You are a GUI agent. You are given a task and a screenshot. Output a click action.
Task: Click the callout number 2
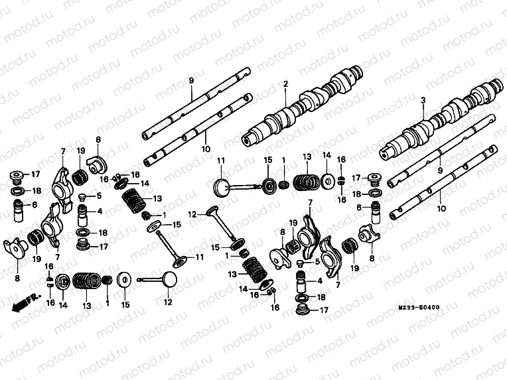point(285,84)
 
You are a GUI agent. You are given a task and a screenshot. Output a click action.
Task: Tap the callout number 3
point(422,100)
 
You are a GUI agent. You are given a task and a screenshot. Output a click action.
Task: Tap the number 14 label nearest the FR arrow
point(64,305)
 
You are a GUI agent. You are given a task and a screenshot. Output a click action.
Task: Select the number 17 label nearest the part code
point(324,310)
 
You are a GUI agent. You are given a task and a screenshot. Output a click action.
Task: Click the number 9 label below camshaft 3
point(439,170)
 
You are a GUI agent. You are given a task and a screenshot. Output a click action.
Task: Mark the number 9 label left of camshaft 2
point(190,80)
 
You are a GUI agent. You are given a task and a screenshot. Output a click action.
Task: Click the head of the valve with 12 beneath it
point(169,279)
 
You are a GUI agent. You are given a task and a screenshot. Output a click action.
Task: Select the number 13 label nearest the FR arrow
point(86,305)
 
